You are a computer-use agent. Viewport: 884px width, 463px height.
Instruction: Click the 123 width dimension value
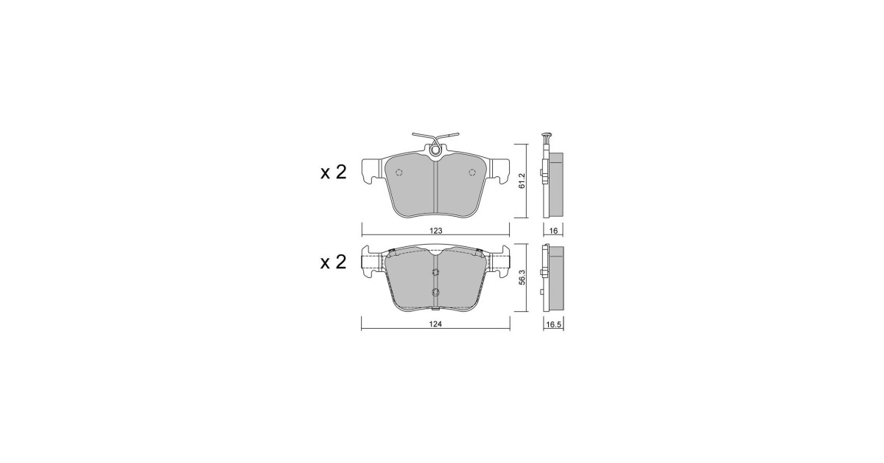pos(435,231)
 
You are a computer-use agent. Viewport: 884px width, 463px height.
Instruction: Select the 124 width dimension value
pos(435,324)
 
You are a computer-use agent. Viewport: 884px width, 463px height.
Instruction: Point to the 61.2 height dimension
pos(522,181)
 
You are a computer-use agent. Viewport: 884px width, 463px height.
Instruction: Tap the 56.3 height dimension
pos(522,278)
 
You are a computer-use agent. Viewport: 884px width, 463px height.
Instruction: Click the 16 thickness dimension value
pos(553,231)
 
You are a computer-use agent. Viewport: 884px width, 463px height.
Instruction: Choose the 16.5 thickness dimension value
pos(553,324)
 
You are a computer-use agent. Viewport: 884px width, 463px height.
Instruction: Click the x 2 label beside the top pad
pos(333,173)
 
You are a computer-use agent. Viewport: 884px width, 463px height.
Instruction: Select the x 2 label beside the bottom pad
pos(333,262)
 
